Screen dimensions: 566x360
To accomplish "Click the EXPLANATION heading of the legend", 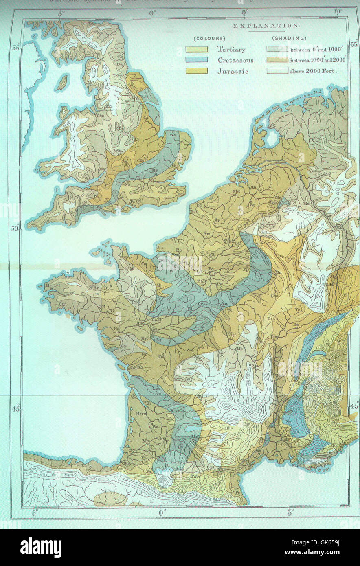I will pos(266,25).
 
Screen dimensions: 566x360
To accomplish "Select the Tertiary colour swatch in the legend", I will pos(197,49).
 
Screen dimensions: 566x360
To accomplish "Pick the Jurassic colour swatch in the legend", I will pos(197,71).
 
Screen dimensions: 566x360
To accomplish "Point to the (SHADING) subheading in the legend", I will pos(289,38).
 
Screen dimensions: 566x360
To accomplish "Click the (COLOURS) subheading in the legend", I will pos(209,38).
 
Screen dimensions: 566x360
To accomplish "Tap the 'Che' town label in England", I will pos(99,115).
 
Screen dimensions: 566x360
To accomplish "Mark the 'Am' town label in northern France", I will pos(207,233).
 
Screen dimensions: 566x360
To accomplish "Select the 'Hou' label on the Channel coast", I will pos(194,211).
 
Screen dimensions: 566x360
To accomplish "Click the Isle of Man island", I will pos(62,83).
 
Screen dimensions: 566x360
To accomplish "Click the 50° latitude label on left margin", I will pos(15,229).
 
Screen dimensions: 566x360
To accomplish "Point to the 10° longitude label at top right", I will pos(338,12).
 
